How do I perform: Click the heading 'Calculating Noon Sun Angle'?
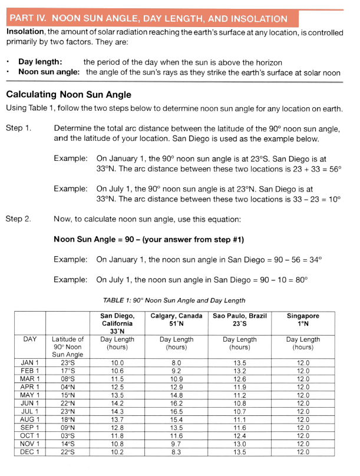68,94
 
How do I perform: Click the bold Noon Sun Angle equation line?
148,239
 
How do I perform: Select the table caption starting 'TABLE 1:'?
174,300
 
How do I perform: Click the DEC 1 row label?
30,451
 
